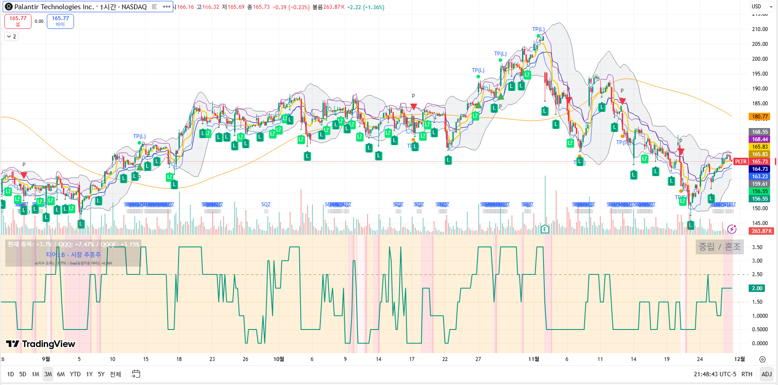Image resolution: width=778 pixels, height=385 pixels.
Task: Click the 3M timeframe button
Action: coord(48,374)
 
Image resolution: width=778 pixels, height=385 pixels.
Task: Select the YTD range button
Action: coord(75,374)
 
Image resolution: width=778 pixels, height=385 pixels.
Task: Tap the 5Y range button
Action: coord(101,374)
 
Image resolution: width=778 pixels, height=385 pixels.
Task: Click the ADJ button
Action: coord(767,374)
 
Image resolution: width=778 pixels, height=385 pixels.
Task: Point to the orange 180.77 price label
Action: coord(760,117)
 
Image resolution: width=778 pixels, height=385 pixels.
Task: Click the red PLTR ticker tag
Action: coord(740,162)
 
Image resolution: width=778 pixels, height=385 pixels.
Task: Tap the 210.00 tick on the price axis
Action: coord(760,29)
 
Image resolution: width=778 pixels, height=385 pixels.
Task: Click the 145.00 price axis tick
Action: coord(760,223)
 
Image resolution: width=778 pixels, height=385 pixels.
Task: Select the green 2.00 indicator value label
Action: coord(757,288)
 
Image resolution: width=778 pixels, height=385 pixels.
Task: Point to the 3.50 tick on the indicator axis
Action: coord(757,247)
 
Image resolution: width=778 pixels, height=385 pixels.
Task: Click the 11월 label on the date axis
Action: coord(533,359)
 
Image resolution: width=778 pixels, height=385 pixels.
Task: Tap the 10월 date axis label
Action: coord(279,359)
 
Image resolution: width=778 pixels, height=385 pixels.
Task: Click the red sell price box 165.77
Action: coord(18,21)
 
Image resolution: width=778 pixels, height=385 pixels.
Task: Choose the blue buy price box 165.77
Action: coord(60,21)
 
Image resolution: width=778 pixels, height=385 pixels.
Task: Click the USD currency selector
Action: coord(761,7)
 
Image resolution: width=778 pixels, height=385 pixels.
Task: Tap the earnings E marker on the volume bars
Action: coord(545,229)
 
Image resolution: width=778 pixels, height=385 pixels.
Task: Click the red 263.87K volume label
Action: coord(762,231)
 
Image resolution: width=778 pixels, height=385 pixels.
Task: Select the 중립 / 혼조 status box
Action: coord(719,247)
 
